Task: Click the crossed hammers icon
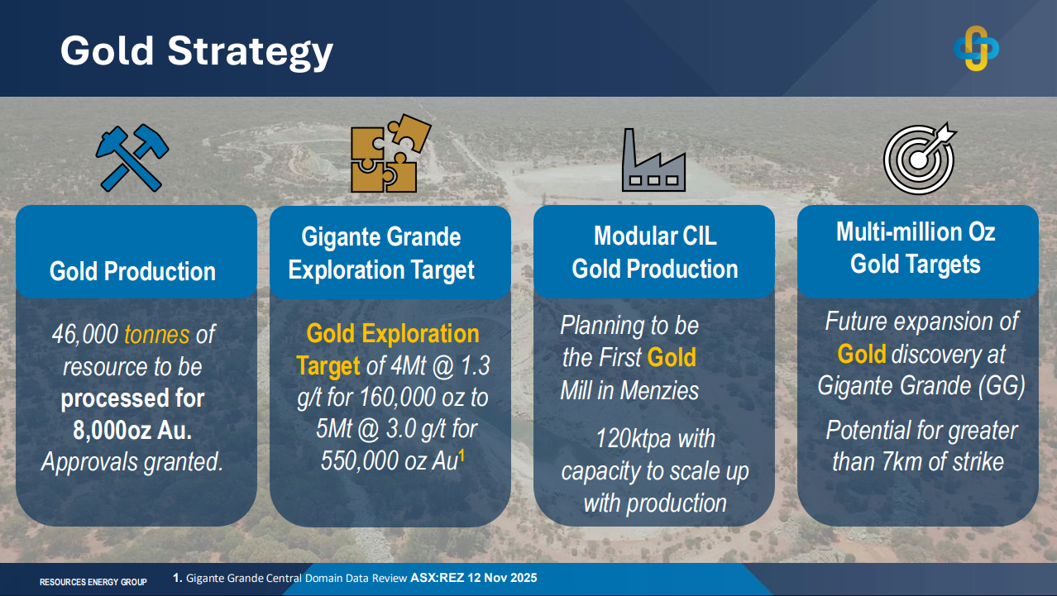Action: (x=132, y=158)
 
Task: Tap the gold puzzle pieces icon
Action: (x=390, y=153)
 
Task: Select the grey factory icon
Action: (x=653, y=160)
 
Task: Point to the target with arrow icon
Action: (x=920, y=159)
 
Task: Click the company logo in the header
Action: (x=976, y=49)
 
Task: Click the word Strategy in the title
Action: (x=251, y=52)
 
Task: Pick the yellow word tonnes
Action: (x=156, y=334)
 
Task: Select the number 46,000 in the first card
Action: (x=85, y=334)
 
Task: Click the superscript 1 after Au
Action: (x=462, y=455)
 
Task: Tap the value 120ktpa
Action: (x=634, y=440)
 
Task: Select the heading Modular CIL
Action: (x=655, y=236)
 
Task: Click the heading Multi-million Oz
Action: (x=916, y=232)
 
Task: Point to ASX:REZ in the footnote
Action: (x=437, y=578)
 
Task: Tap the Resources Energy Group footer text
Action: (x=93, y=582)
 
